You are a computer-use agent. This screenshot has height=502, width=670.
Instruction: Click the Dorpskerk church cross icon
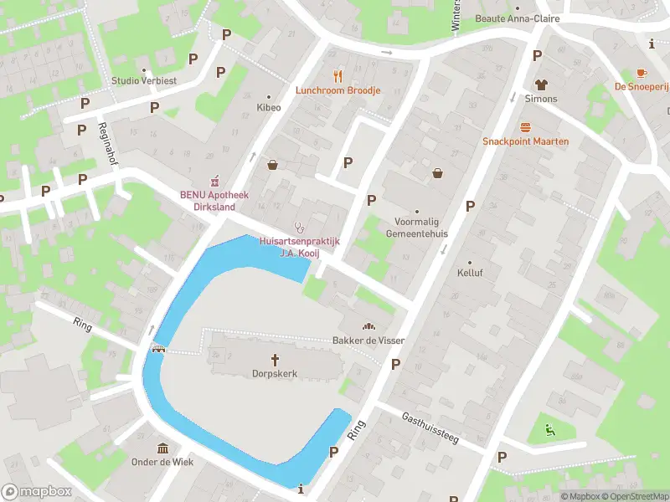pos(275,358)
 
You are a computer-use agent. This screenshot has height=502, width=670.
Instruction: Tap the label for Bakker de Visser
pos(368,341)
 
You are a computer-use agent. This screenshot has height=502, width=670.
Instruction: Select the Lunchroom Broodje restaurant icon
pos(338,74)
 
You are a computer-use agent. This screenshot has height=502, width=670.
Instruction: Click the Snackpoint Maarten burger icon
pos(525,126)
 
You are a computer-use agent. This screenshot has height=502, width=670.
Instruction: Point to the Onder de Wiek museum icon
pos(162,447)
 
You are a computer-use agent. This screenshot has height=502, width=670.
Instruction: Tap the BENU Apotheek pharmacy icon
pos(214,180)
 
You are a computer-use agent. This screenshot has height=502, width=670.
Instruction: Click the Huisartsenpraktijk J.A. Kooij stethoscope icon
pos(299,227)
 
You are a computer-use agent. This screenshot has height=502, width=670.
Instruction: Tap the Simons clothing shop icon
pos(540,84)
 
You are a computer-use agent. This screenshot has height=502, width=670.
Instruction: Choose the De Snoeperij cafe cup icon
pos(642,73)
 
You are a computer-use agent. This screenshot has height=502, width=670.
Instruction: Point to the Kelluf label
pos(470,273)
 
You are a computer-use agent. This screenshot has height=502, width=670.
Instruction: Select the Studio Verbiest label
pos(143,81)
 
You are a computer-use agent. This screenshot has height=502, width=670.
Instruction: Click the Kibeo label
pos(269,108)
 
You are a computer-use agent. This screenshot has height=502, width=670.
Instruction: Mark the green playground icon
pos(549,431)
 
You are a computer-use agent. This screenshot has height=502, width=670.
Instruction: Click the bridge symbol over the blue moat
pos(157,349)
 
